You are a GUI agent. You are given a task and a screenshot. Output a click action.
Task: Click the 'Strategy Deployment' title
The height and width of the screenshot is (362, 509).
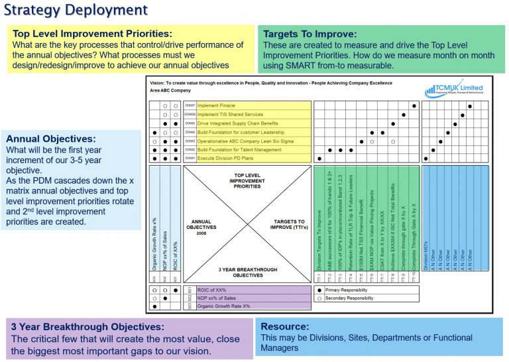[76, 11]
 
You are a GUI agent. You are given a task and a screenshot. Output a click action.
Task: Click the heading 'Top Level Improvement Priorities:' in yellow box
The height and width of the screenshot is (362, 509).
[92, 33]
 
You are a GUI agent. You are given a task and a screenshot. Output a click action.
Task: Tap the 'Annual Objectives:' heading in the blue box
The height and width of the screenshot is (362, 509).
[51, 139]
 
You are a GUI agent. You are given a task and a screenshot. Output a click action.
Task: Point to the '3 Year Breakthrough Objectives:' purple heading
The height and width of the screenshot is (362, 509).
[88, 326]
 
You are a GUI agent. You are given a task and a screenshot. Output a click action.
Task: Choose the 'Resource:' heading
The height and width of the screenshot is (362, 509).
[285, 326]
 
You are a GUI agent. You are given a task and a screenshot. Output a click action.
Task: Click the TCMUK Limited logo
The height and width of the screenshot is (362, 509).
[457, 90]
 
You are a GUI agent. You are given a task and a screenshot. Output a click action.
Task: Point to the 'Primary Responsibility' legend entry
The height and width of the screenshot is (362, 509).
[349, 290]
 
